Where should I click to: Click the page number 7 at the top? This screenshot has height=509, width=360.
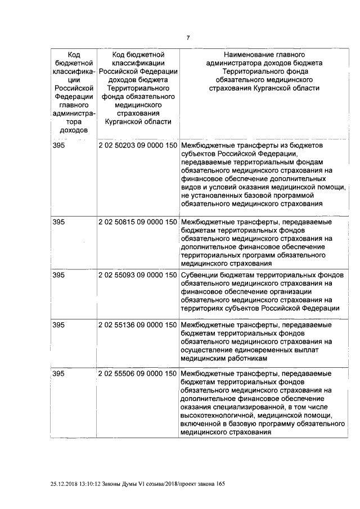[x=188, y=38]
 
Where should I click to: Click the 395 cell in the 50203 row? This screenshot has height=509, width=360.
[x=58, y=145]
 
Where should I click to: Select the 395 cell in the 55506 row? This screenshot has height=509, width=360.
[x=58, y=373]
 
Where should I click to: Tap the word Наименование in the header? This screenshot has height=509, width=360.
[x=249, y=55]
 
